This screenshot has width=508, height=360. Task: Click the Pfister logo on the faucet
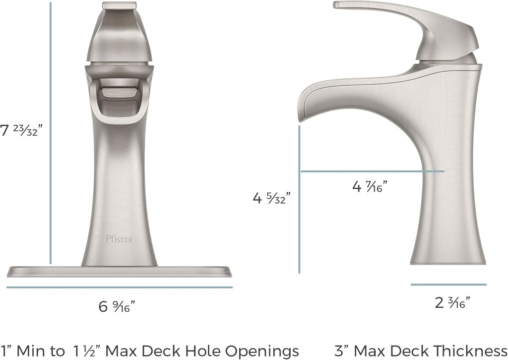(x=119, y=239)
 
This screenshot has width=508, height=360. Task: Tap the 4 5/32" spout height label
(x=271, y=198)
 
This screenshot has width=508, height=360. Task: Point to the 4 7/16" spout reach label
(x=370, y=187)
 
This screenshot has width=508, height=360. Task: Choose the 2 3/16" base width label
(x=452, y=302)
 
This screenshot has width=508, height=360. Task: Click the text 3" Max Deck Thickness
(x=421, y=350)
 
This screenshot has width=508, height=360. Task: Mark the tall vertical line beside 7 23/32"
(x=51, y=134)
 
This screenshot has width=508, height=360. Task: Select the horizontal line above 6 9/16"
(x=119, y=287)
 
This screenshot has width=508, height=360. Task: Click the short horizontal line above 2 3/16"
(x=448, y=285)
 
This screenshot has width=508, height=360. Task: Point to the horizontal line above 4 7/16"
(x=372, y=171)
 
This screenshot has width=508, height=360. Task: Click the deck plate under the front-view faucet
(x=119, y=272)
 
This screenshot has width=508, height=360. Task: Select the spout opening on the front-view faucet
(x=119, y=92)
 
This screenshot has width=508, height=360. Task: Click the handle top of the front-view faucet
(x=119, y=6)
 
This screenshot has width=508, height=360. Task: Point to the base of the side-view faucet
(x=448, y=256)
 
